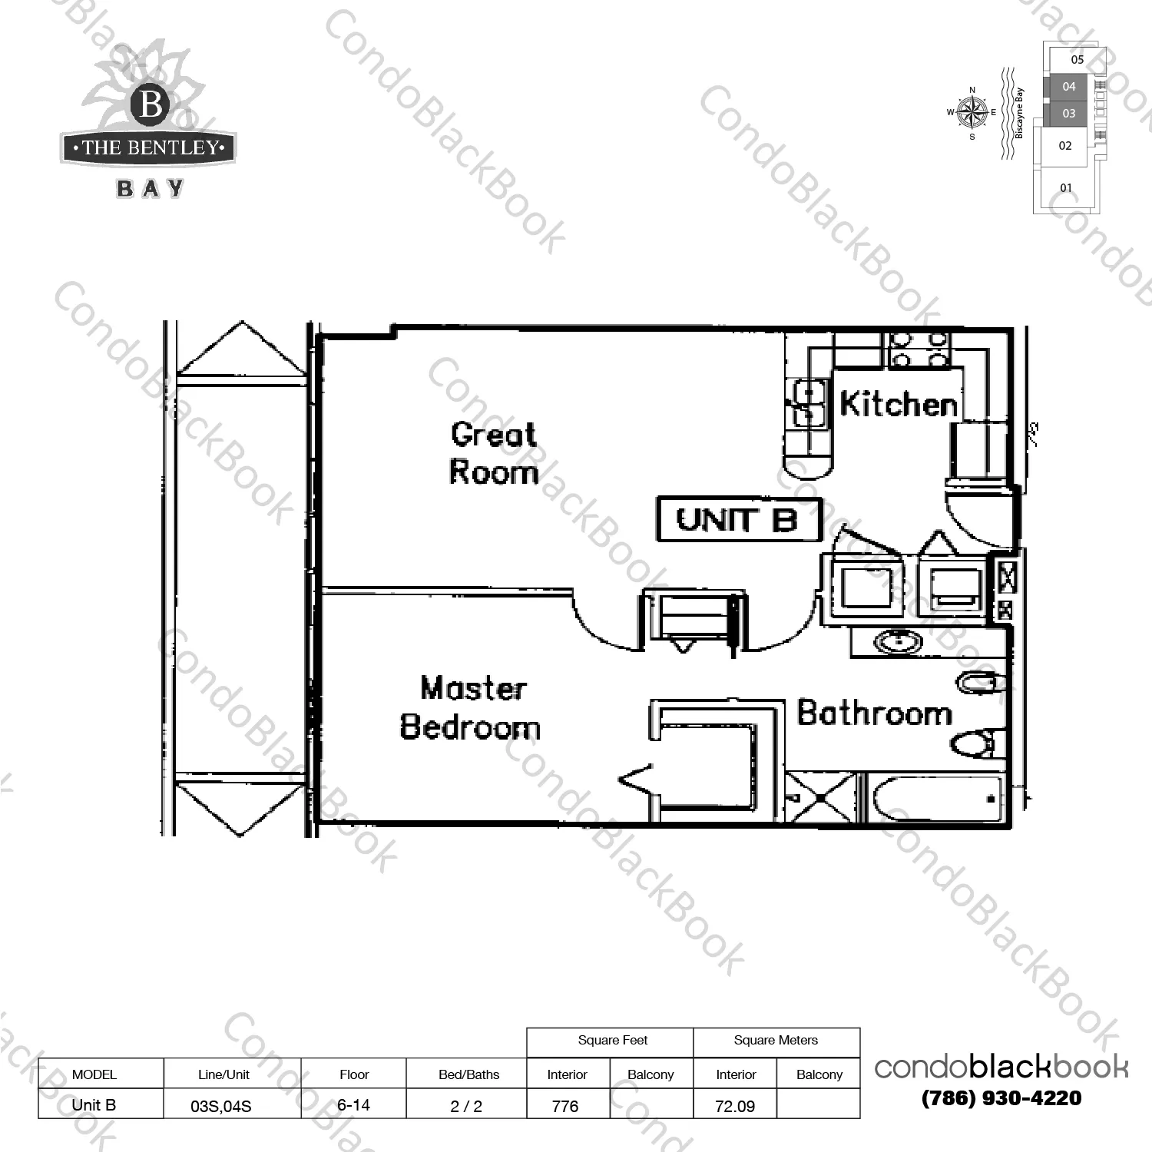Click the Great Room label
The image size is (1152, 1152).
(x=494, y=453)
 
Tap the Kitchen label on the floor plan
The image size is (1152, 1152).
(x=899, y=403)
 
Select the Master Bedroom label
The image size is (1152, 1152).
(x=470, y=707)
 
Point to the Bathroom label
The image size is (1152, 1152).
(x=875, y=713)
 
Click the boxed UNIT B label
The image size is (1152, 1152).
(x=739, y=520)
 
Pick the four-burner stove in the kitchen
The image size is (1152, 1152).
(x=919, y=349)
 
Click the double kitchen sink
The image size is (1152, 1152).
(x=807, y=403)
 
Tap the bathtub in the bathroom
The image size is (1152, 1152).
(x=936, y=798)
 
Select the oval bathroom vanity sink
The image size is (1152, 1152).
(x=899, y=641)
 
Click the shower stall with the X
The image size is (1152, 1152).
(x=820, y=798)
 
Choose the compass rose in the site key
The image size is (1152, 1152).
(x=972, y=113)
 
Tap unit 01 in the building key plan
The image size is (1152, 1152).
(x=1066, y=188)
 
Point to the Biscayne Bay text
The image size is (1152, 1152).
(x=1020, y=113)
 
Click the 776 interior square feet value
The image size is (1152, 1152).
(x=565, y=1106)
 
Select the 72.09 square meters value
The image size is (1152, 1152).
(x=735, y=1106)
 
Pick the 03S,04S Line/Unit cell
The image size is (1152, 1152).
(x=221, y=1107)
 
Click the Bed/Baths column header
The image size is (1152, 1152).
(x=468, y=1074)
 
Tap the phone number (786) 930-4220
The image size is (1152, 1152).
(x=1001, y=1098)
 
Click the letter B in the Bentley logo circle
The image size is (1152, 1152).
(x=151, y=104)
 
